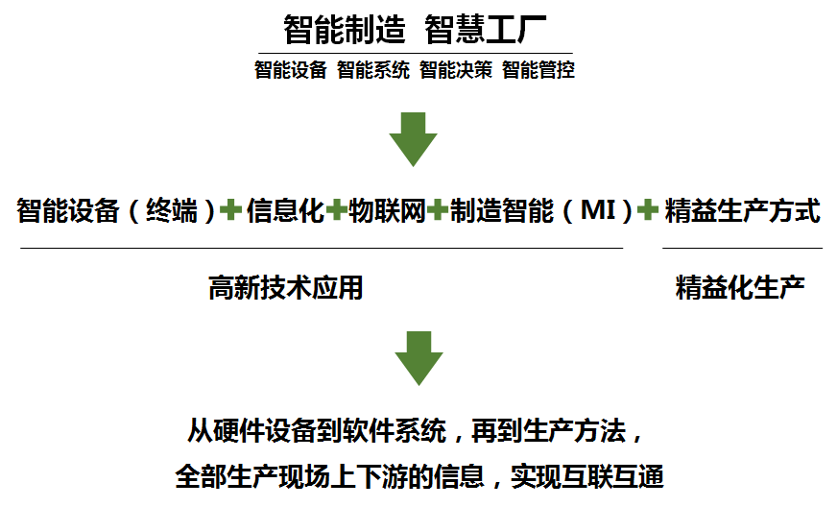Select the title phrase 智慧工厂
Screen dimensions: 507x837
485,28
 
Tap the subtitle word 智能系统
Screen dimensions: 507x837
373,70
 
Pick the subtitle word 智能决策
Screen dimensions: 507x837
456,70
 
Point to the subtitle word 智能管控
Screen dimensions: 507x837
538,70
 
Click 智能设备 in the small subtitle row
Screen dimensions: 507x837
291,70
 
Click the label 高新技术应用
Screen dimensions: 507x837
286,286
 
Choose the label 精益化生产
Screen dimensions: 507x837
740,286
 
